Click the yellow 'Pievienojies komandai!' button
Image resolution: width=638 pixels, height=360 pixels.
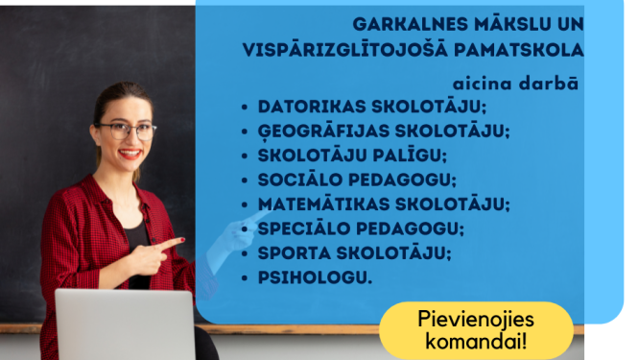click(x=476, y=328)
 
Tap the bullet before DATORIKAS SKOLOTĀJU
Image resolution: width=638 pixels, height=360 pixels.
click(x=246, y=108)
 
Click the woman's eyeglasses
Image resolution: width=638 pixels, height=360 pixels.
click(x=127, y=130)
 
